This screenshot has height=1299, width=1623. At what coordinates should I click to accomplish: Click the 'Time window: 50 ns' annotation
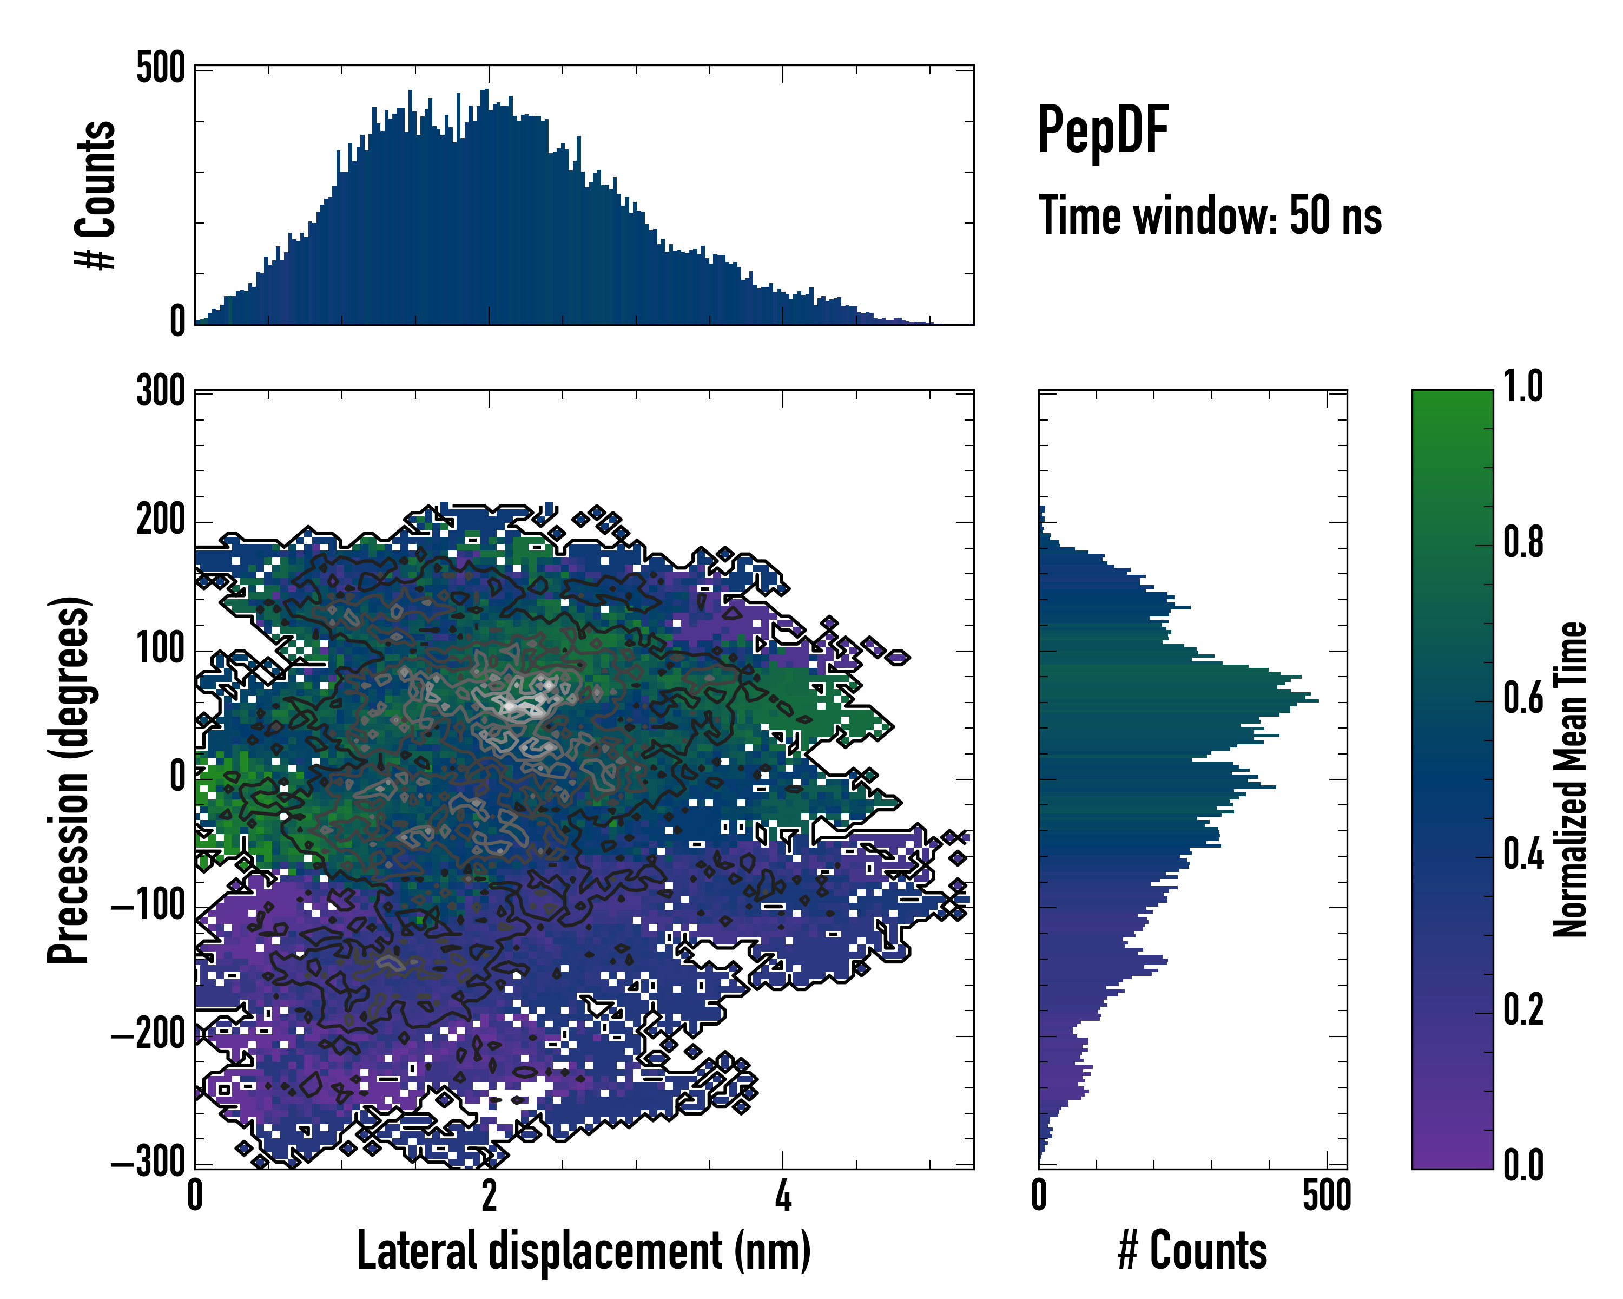[x=1210, y=216]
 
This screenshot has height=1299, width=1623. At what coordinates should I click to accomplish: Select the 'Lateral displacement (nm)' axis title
[x=583, y=1250]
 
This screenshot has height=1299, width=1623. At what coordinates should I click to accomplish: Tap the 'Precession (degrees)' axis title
[x=69, y=779]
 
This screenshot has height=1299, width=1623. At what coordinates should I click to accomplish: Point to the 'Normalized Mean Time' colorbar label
[x=1571, y=779]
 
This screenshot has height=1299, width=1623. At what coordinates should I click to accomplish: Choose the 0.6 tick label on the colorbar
[x=1523, y=699]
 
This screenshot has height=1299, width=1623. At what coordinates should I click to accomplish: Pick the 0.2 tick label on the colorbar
[x=1523, y=1010]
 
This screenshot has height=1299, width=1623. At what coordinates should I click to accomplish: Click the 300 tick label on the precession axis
[x=160, y=391]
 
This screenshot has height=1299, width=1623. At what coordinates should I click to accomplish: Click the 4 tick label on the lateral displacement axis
[x=783, y=1196]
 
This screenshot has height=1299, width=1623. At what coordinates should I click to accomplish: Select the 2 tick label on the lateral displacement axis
[x=489, y=1196]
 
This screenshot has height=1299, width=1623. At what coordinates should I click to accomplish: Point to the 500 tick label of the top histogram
[x=160, y=69]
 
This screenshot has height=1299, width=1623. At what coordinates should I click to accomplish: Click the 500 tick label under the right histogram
[x=1327, y=1196]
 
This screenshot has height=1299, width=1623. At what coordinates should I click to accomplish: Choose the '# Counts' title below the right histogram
[x=1192, y=1250]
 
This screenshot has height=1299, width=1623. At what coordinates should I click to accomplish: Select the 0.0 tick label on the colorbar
[x=1523, y=1165]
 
